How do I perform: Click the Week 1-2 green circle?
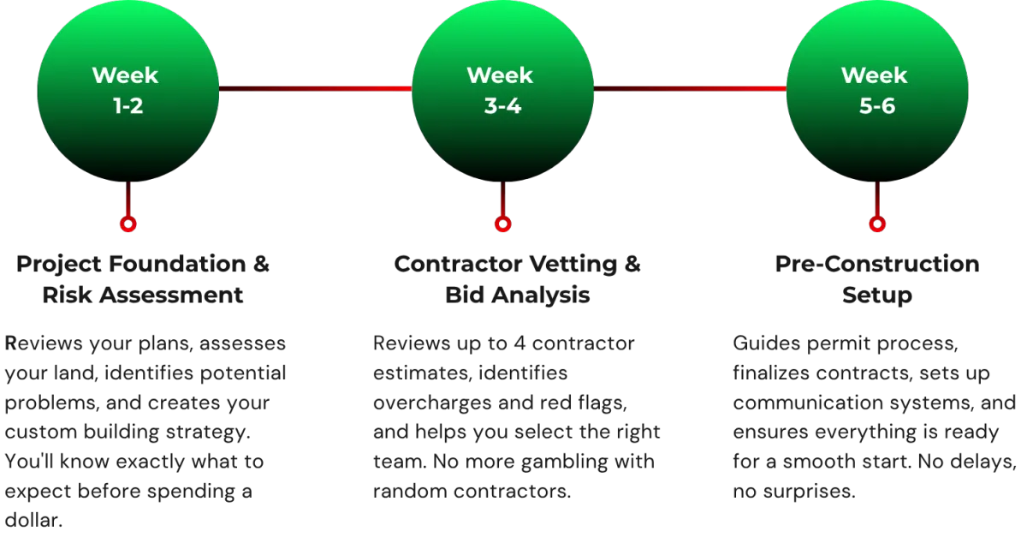[x=128, y=91]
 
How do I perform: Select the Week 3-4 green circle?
[x=502, y=91]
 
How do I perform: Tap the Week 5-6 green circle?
[x=877, y=91]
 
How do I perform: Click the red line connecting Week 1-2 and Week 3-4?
[x=316, y=88]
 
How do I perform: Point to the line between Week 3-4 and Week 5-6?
[x=690, y=88]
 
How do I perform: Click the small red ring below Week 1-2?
[x=128, y=224]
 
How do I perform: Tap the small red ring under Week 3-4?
[x=502, y=224]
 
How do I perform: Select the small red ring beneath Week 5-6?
[x=877, y=224]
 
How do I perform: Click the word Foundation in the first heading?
[x=177, y=264]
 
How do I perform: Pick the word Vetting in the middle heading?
[x=573, y=265]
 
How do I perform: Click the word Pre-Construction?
[x=877, y=264]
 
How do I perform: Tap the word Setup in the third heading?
[x=877, y=296]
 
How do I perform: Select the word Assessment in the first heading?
[x=171, y=295]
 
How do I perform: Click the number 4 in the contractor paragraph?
[x=519, y=343]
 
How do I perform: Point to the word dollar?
[x=33, y=520]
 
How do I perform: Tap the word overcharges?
[x=432, y=403]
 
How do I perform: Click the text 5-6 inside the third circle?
[x=877, y=106]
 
